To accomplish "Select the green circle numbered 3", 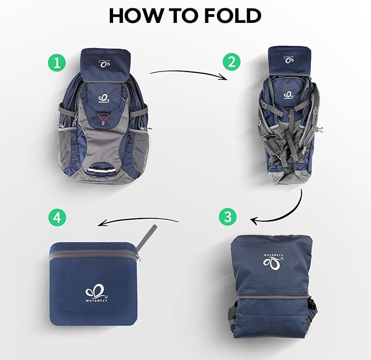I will (228, 216).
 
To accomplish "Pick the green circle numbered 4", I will (57, 218).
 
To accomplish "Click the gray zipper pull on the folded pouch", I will (145, 238).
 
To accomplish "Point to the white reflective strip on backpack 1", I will (104, 174).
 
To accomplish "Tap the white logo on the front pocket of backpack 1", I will (104, 96).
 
